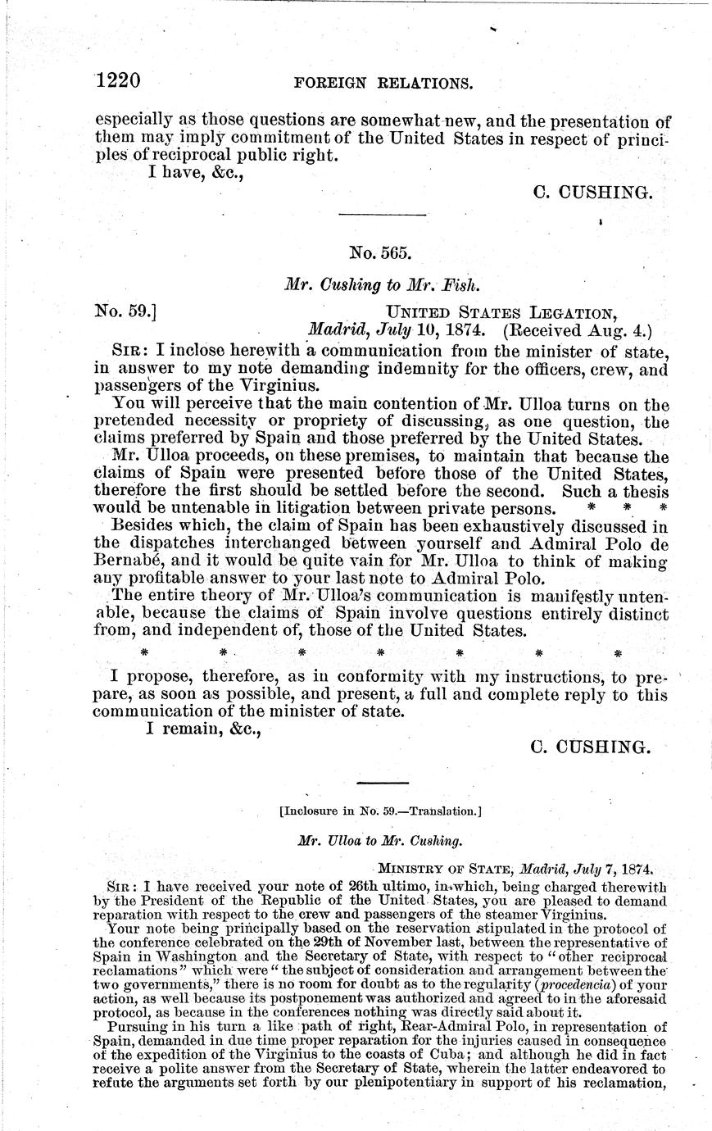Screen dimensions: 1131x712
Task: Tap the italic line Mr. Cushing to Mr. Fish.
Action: point(382,286)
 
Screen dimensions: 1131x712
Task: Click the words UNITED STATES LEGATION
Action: point(501,312)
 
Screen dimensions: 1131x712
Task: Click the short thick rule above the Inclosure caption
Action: point(383,784)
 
